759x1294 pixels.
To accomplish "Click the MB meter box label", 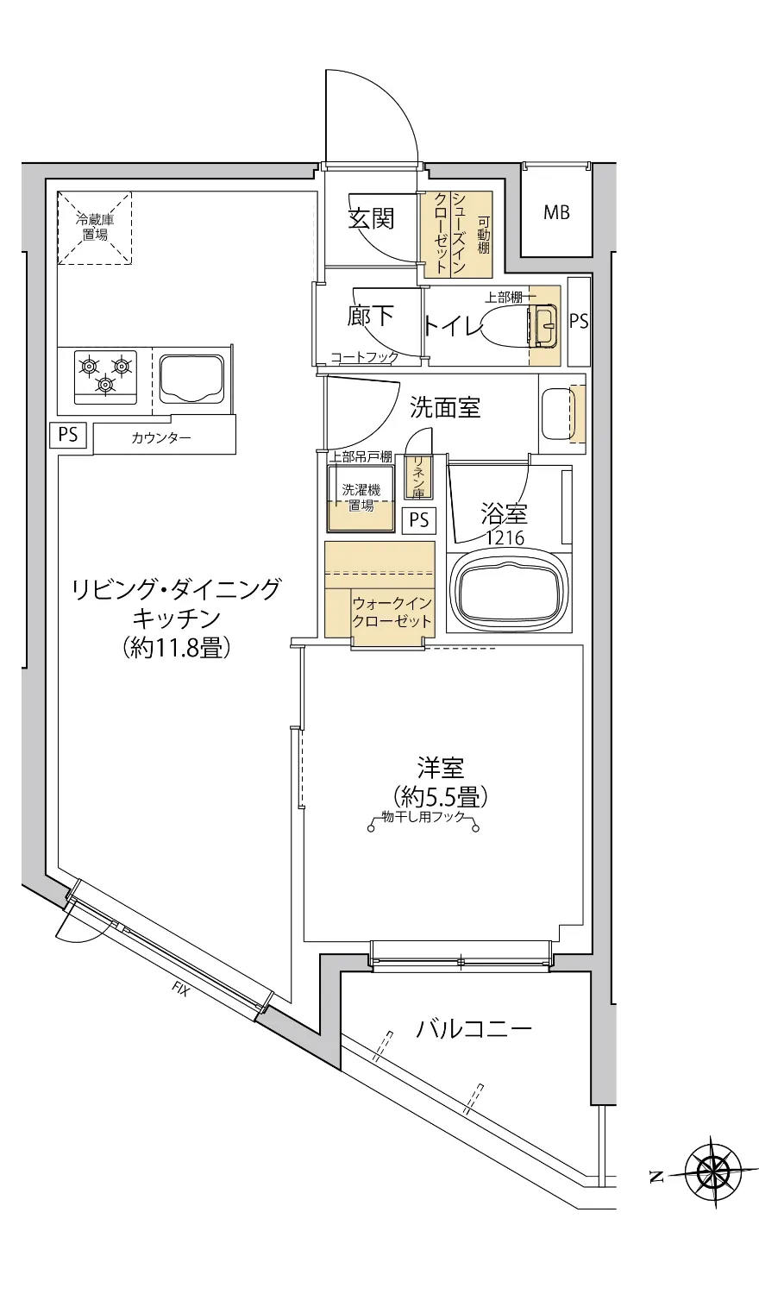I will (556, 212).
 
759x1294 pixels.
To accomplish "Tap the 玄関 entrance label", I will (371, 219).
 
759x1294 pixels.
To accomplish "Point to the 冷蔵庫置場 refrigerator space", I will (95, 228).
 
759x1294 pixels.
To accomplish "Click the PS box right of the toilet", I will (579, 321).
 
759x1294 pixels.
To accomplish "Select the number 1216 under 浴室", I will (504, 538).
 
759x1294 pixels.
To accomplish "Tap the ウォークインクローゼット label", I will (391, 612).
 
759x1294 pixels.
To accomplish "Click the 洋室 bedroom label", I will (441, 766).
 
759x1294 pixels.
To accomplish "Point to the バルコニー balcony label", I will (474, 1028).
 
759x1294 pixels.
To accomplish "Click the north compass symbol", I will (712, 1172).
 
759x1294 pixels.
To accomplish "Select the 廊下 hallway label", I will (371, 317).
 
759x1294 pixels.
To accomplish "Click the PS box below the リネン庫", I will (419, 520).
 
